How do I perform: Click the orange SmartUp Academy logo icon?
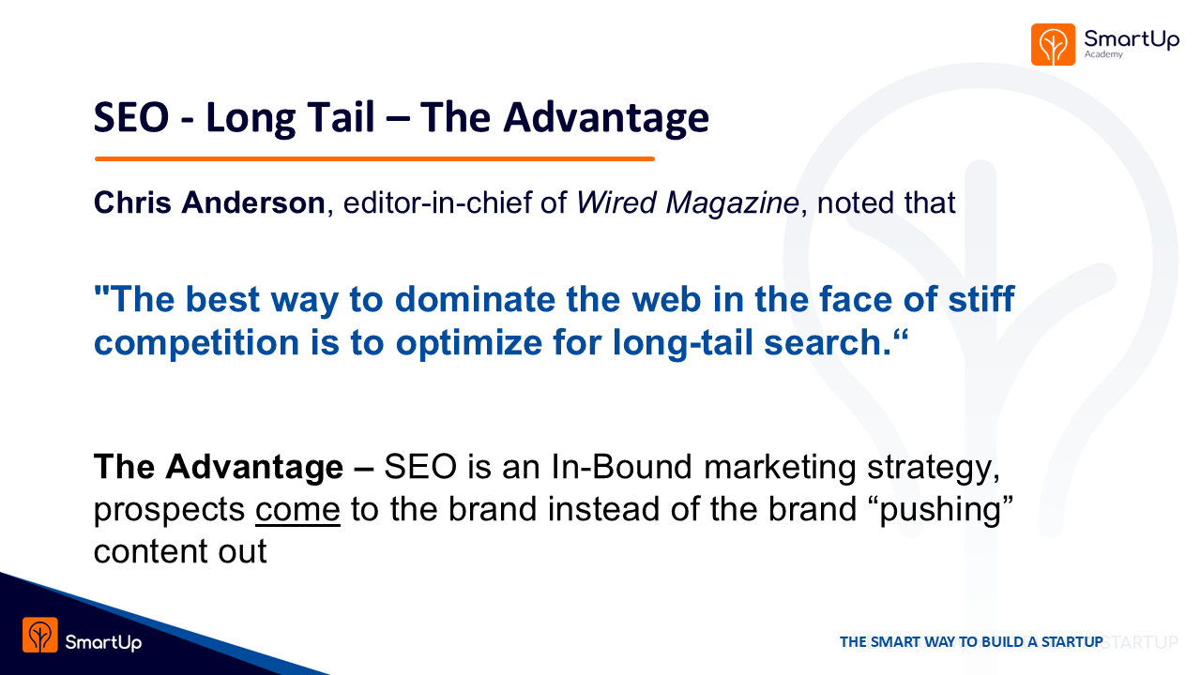1053,44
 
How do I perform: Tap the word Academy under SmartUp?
1103,54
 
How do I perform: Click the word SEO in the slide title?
131,117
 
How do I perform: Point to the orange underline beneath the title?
374,158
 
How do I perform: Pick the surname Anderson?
253,202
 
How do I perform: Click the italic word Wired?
616,202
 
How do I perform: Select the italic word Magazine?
733,203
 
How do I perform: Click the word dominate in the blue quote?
475,299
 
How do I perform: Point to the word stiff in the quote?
981,298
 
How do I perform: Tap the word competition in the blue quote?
196,343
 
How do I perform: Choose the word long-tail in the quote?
682,343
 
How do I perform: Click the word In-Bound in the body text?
621,467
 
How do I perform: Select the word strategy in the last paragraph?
934,468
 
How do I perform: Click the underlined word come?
297,510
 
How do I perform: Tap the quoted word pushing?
940,510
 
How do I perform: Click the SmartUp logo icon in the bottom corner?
40,635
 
